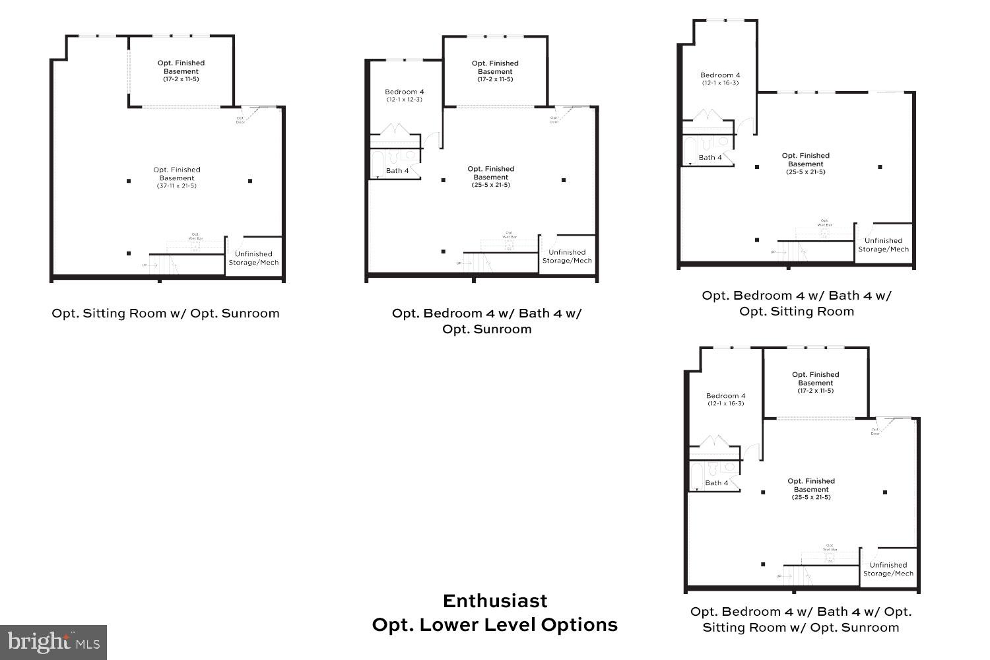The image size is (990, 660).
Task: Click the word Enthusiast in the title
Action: [x=494, y=601]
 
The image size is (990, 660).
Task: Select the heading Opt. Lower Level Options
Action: [x=494, y=625]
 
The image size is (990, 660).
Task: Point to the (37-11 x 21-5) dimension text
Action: [x=176, y=186]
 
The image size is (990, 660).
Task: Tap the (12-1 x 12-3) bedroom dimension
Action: [x=405, y=100]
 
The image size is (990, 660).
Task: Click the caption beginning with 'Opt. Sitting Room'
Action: [x=166, y=313]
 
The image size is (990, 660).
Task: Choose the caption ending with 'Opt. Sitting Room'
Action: [x=797, y=304]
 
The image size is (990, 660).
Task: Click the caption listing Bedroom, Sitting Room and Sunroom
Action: [x=801, y=620]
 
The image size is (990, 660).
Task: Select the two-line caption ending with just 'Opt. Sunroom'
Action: [x=487, y=321]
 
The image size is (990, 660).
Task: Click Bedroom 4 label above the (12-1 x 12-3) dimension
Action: [x=405, y=92]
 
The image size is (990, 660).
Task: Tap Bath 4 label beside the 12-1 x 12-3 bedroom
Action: [x=397, y=171]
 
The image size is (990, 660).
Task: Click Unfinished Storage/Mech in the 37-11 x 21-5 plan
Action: [x=253, y=258]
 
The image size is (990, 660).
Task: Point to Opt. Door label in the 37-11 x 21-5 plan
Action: [x=241, y=121]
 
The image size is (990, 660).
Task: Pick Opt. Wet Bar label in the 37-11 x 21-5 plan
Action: [x=195, y=236]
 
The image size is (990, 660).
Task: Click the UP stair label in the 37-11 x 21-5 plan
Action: [x=144, y=265]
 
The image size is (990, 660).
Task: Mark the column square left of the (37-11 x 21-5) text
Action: [x=129, y=181]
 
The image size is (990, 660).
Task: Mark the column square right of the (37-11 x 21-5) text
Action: [x=250, y=181]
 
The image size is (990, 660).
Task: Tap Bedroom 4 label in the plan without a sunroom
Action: [x=720, y=75]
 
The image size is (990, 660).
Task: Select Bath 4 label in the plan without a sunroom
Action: [x=710, y=158]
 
